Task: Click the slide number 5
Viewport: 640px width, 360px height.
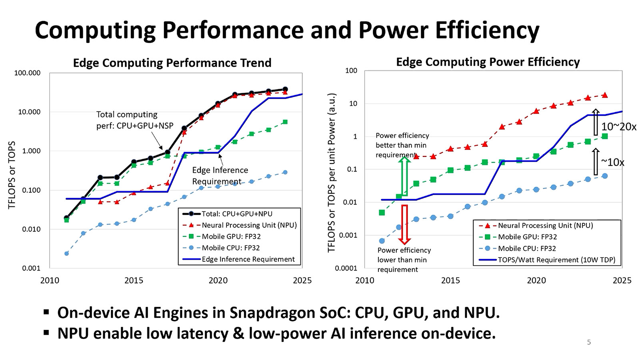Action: click(x=589, y=342)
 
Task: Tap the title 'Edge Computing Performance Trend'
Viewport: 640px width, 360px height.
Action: click(x=172, y=63)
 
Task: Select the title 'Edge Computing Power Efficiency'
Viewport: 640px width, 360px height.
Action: click(x=488, y=62)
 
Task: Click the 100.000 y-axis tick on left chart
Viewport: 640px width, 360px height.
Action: click(x=27, y=73)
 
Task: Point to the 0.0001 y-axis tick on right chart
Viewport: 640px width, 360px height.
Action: click(x=346, y=268)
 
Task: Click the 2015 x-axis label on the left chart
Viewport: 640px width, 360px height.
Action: click(x=134, y=280)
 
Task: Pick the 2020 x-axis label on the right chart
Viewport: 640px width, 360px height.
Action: click(x=536, y=280)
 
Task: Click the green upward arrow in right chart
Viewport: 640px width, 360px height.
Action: click(x=404, y=176)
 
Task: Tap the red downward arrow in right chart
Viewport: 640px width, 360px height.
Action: click(x=404, y=224)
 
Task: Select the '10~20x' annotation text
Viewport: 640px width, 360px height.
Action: click(x=618, y=127)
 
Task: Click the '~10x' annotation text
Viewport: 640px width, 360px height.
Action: click(x=612, y=162)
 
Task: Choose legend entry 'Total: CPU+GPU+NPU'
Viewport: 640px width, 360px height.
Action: click(x=237, y=214)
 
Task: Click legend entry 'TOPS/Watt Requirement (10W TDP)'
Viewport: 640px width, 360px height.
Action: click(x=556, y=260)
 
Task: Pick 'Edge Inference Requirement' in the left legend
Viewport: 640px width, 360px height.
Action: click(x=248, y=259)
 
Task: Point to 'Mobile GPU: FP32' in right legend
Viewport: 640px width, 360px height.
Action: click(x=527, y=237)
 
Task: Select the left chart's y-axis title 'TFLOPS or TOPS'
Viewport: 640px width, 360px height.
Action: click(x=12, y=175)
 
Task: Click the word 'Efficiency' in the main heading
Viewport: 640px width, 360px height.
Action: click(x=487, y=30)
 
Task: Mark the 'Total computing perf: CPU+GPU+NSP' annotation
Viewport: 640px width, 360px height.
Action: click(x=135, y=120)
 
